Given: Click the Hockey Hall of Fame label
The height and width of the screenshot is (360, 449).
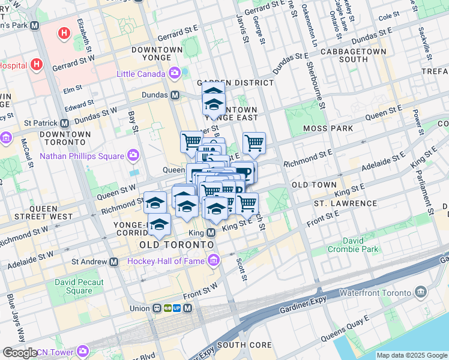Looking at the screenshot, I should pyautogui.click(x=166, y=261).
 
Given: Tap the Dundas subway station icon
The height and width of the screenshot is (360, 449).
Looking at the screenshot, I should pyautogui.click(x=175, y=95).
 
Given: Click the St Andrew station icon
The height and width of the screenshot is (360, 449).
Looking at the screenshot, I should pyautogui.click(x=113, y=262).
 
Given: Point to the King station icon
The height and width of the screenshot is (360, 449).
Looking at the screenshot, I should pyautogui.click(x=211, y=232).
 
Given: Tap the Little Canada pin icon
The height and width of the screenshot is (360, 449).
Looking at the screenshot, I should pyautogui.click(x=175, y=74).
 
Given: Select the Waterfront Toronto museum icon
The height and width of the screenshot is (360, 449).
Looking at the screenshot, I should pyautogui.click(x=420, y=293).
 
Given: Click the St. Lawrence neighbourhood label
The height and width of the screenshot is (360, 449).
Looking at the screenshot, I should pyautogui.click(x=345, y=203).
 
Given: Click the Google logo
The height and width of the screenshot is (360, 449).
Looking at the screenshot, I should pyautogui.click(x=20, y=353).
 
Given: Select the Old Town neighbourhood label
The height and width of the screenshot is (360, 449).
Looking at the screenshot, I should pyautogui.click(x=314, y=185).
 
